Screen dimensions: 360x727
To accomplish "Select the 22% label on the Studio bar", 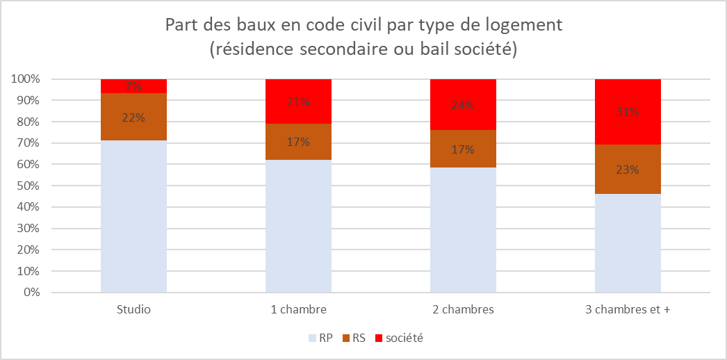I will (133, 117).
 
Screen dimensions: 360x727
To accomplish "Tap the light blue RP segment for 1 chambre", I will (298, 226).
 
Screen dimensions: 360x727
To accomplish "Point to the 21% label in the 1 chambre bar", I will (298, 101).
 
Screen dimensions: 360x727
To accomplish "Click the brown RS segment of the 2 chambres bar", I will (463, 149).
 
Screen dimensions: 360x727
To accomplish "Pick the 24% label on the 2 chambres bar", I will (463, 106).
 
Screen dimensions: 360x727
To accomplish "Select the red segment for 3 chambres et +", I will (628, 112).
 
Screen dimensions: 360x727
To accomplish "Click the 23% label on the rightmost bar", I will (628, 169).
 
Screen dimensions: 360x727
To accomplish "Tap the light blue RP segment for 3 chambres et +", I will (628, 243).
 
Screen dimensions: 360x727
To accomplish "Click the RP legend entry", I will (320, 338).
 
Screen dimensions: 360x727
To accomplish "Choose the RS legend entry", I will (357, 338).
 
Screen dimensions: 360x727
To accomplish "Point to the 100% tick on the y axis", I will (25, 79).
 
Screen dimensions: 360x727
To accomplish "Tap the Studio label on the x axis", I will (133, 309).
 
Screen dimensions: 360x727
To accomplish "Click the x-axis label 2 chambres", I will (463, 309).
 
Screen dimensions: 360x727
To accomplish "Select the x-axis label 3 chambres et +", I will (628, 309).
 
